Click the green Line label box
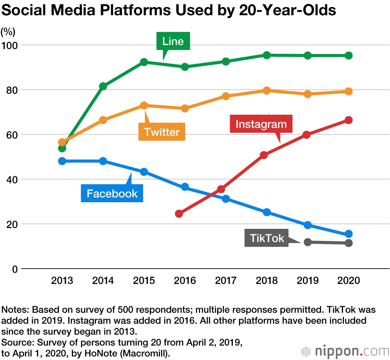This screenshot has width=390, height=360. pyautogui.click(x=173, y=41)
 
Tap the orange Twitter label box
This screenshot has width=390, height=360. pyautogui.click(x=162, y=132)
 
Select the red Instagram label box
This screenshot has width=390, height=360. pyautogui.click(x=261, y=124)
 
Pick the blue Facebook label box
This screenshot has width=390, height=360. pyautogui.click(x=112, y=193)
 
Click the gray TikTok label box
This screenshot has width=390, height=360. pyautogui.click(x=267, y=238)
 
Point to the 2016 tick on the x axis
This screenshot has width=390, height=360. pyautogui.click(x=185, y=280)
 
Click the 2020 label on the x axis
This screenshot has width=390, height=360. pyautogui.click(x=349, y=280)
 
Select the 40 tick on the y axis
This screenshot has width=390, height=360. pyautogui.click(x=11, y=180)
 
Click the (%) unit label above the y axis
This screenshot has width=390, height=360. pyautogui.click(x=8, y=31)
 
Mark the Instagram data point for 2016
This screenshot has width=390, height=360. pyautogui.click(x=179, y=214)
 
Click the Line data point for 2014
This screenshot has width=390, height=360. pyautogui.click(x=103, y=86)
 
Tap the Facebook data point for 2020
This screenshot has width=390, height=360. pyautogui.click(x=349, y=234)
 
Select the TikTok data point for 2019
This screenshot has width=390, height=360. pyautogui.click(x=307, y=242)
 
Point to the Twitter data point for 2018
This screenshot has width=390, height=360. pyautogui.click(x=267, y=91)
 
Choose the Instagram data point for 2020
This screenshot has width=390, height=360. pyautogui.click(x=349, y=120)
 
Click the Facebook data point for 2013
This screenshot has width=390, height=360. pyautogui.click(x=62, y=161)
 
